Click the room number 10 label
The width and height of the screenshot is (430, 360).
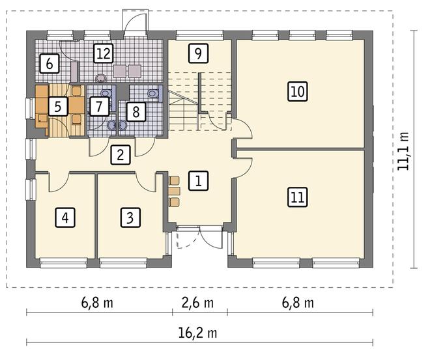(298, 92)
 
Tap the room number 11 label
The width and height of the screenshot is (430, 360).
(298, 197)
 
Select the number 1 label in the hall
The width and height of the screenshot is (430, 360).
(198, 181)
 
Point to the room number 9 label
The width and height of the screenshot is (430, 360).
(198, 53)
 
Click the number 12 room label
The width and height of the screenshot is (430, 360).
(104, 53)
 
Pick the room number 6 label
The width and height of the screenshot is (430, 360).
(50, 64)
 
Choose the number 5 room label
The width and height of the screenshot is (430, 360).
(57, 106)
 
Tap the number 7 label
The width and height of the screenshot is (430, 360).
(99, 106)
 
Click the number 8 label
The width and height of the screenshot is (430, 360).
(136, 111)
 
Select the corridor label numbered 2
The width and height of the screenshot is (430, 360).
(121, 155)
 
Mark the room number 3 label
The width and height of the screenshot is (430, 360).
(130, 218)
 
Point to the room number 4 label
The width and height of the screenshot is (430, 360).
(65, 218)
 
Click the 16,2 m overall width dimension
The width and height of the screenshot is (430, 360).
(197, 333)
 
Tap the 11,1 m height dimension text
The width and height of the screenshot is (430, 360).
(403, 151)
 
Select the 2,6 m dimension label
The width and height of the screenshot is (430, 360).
(197, 303)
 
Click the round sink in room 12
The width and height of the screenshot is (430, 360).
(101, 78)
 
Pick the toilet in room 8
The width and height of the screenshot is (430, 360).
(154, 93)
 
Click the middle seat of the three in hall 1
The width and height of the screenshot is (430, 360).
(174, 191)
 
